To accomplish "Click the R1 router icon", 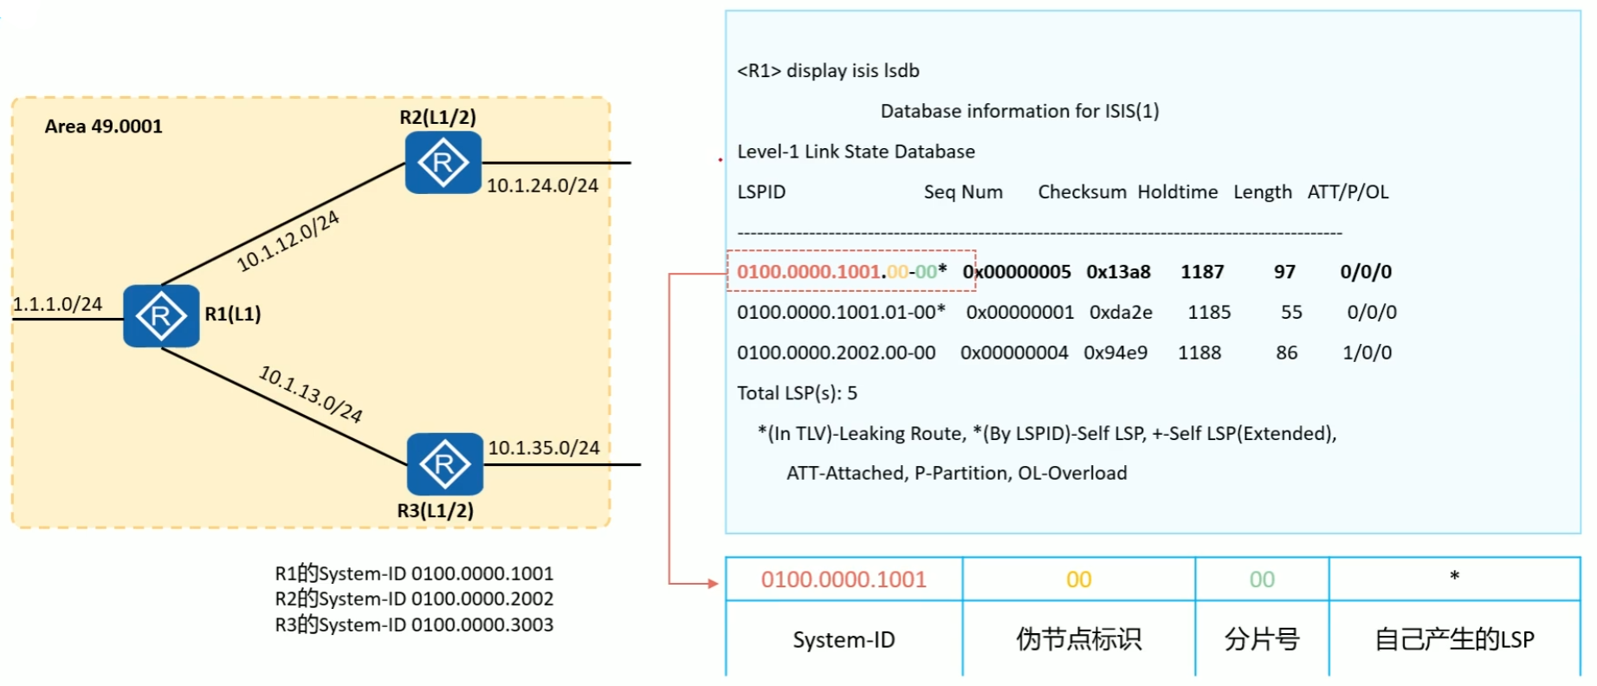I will (161, 316).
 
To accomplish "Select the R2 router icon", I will (443, 163).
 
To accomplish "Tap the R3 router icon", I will (444, 464).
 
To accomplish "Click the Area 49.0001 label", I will (103, 126).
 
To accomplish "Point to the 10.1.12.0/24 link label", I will (288, 241).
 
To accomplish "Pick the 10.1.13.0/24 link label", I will (311, 394).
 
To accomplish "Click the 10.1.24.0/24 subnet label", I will (542, 185).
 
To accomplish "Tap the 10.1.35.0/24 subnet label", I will (544, 448).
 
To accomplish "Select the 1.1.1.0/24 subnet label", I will (57, 304).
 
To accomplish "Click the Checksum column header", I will (1082, 192).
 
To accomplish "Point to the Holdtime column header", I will (1177, 192).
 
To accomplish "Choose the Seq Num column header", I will (963, 192).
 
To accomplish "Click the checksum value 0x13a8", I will (1118, 272).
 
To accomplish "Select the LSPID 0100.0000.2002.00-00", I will (836, 353).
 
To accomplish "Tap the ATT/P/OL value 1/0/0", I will (1367, 353).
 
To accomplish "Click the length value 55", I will (1291, 312).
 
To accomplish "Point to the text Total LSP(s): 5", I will (797, 393).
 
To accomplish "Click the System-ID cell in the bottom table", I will (844, 639).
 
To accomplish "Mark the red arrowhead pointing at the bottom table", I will (714, 583).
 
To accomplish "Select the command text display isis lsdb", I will (852, 71).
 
